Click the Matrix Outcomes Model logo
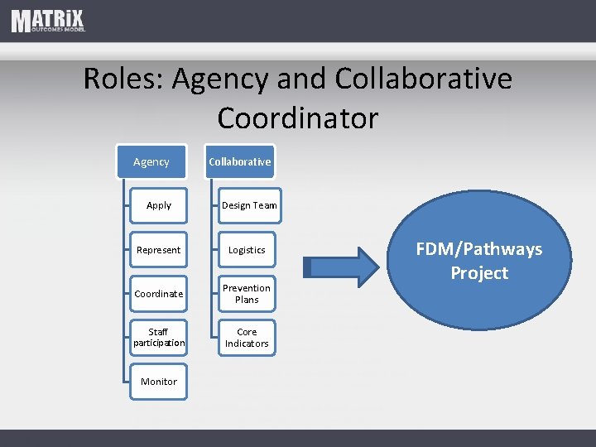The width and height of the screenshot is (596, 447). coord(47,20)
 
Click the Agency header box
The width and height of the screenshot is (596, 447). coord(151,162)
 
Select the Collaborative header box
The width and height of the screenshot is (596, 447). coord(239,162)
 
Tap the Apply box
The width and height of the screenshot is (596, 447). coord(158,205)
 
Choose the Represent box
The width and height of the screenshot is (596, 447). coord(158,250)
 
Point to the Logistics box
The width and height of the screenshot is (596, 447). coord(247,250)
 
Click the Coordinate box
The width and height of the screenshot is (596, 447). coord(158,294)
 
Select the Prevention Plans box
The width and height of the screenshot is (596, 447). coord(247,294)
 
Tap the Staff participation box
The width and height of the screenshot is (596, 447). coord(158,338)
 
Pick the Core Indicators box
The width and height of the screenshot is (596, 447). coord(247,338)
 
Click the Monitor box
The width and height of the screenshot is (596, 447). coord(158,382)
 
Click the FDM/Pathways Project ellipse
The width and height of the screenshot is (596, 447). coord(479,260)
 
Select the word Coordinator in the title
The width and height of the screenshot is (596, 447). coord(297,118)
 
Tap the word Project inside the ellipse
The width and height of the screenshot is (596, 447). coord(479,273)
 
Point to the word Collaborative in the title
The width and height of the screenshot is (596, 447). coord(424,79)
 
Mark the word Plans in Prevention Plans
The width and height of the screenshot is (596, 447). coord(247,300)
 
